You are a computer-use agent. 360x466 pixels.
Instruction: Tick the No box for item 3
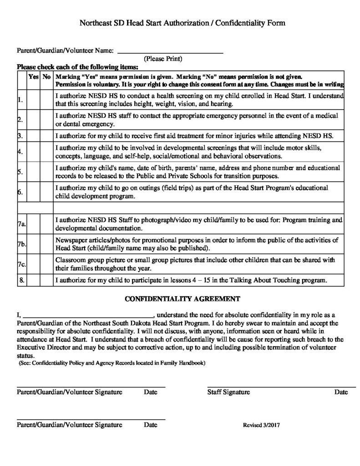[x=46, y=136]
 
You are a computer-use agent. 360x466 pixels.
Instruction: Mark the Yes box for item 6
[x=34, y=192]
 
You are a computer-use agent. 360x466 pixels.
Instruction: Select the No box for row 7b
[x=46, y=244]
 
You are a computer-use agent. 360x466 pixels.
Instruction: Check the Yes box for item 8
[x=34, y=280]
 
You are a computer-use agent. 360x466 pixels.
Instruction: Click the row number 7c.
[x=21, y=264]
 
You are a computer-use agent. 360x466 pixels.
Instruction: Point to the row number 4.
[x=20, y=152]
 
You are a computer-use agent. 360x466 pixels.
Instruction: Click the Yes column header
[x=34, y=77]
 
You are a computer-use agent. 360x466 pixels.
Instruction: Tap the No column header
[x=46, y=77]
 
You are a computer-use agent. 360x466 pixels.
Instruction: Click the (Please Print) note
[x=163, y=59]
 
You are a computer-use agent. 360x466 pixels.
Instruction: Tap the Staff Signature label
[x=228, y=392]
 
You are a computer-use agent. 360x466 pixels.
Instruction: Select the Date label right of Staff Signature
[x=341, y=392]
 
